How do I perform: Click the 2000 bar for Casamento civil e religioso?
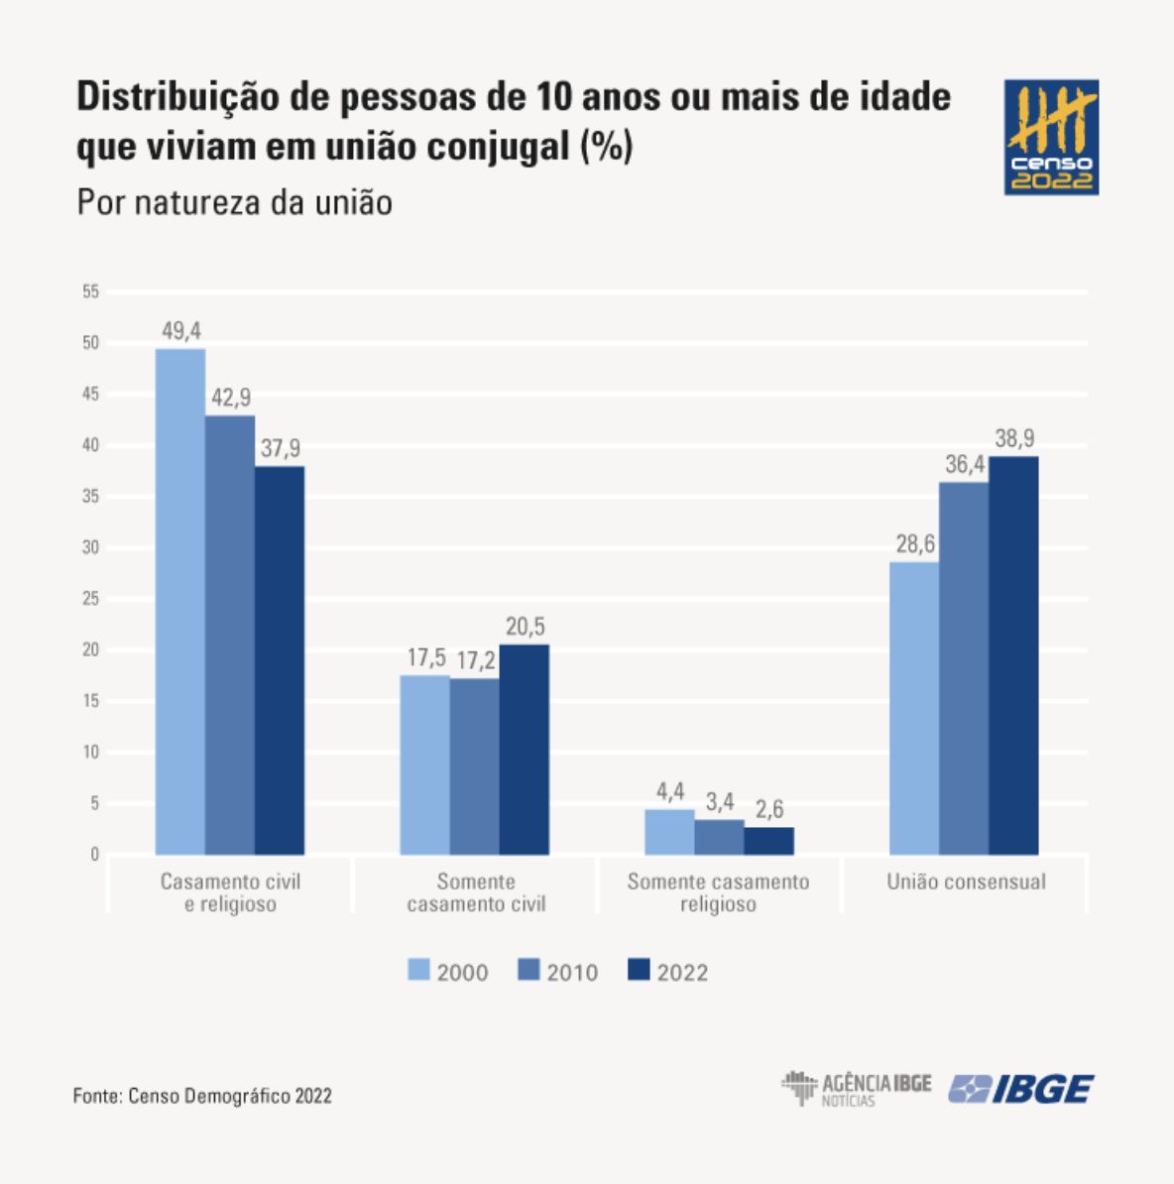coord(180,601)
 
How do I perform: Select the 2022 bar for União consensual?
coord(1013,655)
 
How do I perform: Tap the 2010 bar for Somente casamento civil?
coord(474,767)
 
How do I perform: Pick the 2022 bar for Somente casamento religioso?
coord(768,841)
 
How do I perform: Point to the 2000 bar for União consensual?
coord(914,708)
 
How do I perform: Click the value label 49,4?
coord(181,331)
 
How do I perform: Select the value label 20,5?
coord(525,628)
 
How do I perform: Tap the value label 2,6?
coord(768,809)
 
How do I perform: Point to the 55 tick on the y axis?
coord(91,292)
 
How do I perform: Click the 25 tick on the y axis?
coord(91,598)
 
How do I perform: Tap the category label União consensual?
coord(966,882)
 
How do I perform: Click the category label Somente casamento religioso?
coord(718,892)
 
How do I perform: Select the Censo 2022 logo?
coord(1051,137)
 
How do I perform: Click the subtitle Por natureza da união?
coord(235,202)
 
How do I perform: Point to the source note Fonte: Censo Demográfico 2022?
coord(202,1096)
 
